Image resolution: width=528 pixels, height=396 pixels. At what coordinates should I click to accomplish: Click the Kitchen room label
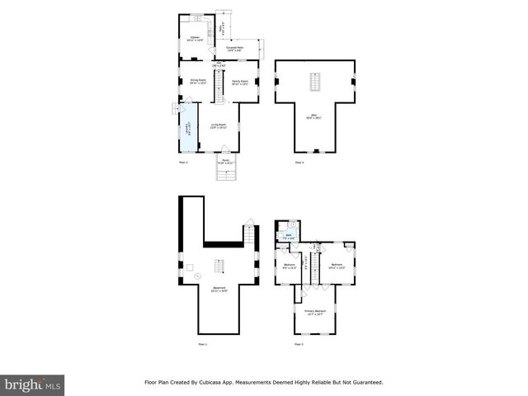196,39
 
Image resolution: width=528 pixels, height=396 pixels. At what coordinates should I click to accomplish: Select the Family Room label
240,82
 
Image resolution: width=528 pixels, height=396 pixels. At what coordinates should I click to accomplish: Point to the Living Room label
219,126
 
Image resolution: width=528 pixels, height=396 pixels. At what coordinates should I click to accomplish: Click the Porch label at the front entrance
226,162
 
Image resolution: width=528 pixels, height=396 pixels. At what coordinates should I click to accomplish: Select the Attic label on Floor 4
314,118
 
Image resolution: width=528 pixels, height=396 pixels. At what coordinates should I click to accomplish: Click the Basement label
218,289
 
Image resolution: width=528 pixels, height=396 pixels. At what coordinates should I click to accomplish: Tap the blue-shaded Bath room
289,237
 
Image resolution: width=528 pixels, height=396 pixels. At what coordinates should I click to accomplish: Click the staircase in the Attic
314,82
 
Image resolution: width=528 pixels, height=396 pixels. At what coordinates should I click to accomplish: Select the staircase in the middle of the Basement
219,266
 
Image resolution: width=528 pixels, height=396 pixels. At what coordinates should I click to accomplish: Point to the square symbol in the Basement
188,267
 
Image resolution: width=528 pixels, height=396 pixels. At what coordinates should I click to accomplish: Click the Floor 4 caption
299,163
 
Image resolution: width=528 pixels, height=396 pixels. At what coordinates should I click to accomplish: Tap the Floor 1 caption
202,343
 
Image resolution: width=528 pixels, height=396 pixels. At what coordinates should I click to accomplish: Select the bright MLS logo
32,384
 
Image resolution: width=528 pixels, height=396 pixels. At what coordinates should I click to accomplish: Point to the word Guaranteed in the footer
364,383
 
